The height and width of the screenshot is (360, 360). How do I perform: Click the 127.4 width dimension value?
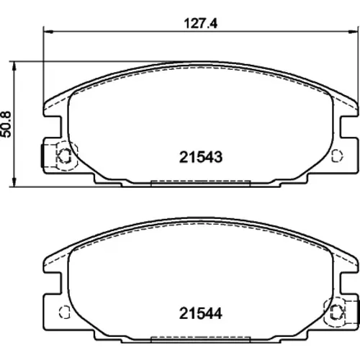(x=201, y=24)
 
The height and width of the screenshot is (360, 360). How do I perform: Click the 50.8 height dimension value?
(x=6, y=124)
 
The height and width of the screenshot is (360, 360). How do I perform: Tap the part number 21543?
(x=201, y=157)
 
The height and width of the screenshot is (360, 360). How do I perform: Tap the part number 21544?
(x=201, y=313)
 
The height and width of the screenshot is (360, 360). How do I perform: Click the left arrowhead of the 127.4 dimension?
(x=48, y=32)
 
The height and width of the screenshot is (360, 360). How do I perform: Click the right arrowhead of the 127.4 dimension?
(x=352, y=32)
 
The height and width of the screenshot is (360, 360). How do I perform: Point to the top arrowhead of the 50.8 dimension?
(x=14, y=66)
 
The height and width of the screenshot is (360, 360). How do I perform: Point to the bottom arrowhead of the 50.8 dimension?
(x=14, y=182)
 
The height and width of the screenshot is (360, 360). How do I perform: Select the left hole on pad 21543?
(x=65, y=156)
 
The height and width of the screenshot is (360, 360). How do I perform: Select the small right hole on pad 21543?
(x=337, y=156)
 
